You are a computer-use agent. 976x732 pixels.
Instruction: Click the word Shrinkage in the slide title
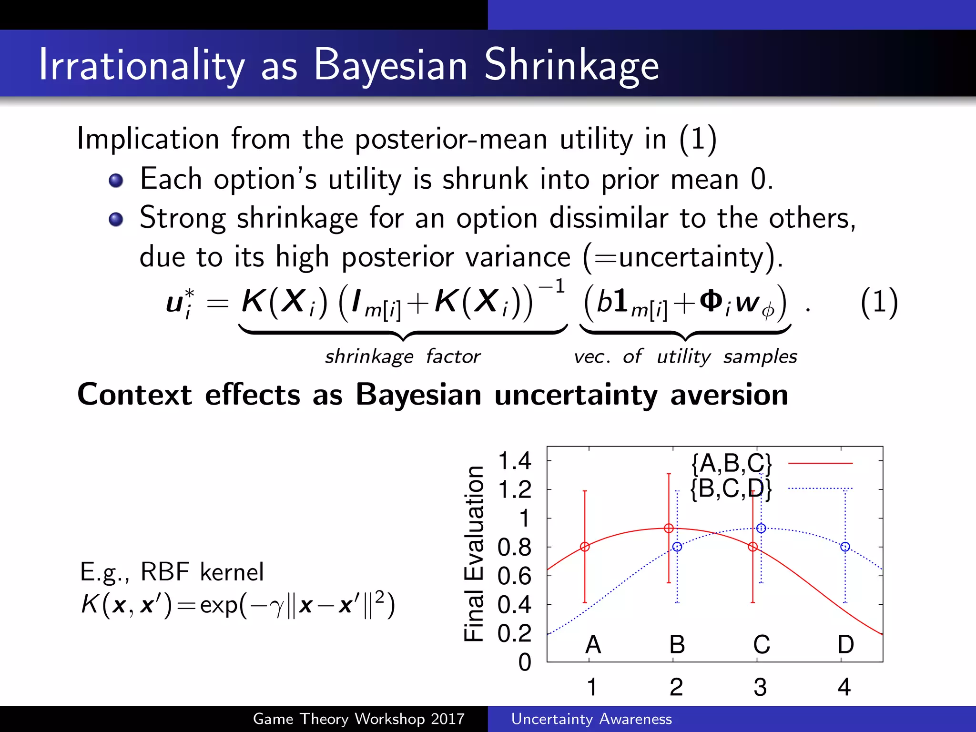point(571,66)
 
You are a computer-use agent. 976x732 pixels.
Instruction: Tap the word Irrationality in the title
point(141,66)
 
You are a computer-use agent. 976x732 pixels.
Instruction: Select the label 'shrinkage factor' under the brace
point(403,356)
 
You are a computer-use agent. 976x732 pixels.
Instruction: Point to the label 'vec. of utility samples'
point(685,356)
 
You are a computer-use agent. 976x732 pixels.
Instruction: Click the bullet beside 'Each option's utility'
point(116,181)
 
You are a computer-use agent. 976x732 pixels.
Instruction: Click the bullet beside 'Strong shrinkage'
point(116,219)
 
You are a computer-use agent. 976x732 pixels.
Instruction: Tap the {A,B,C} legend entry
point(731,463)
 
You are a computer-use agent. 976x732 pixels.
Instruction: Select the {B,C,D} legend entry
point(731,488)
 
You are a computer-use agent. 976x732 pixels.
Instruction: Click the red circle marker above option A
point(585,547)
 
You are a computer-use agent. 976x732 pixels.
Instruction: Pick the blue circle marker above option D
point(845,547)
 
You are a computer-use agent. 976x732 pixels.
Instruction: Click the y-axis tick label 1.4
point(514,461)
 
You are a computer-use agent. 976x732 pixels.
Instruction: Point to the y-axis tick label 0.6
point(514,576)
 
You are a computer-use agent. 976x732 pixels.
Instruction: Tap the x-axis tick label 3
point(760,687)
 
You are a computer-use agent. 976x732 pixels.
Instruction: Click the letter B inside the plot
point(677,644)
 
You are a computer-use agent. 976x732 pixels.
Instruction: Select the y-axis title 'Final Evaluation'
point(474,554)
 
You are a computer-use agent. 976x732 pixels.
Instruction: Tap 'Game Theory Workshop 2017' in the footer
point(358,719)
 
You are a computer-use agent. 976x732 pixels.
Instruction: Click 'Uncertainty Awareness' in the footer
point(591,719)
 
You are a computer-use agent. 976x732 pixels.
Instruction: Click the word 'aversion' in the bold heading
point(729,395)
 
